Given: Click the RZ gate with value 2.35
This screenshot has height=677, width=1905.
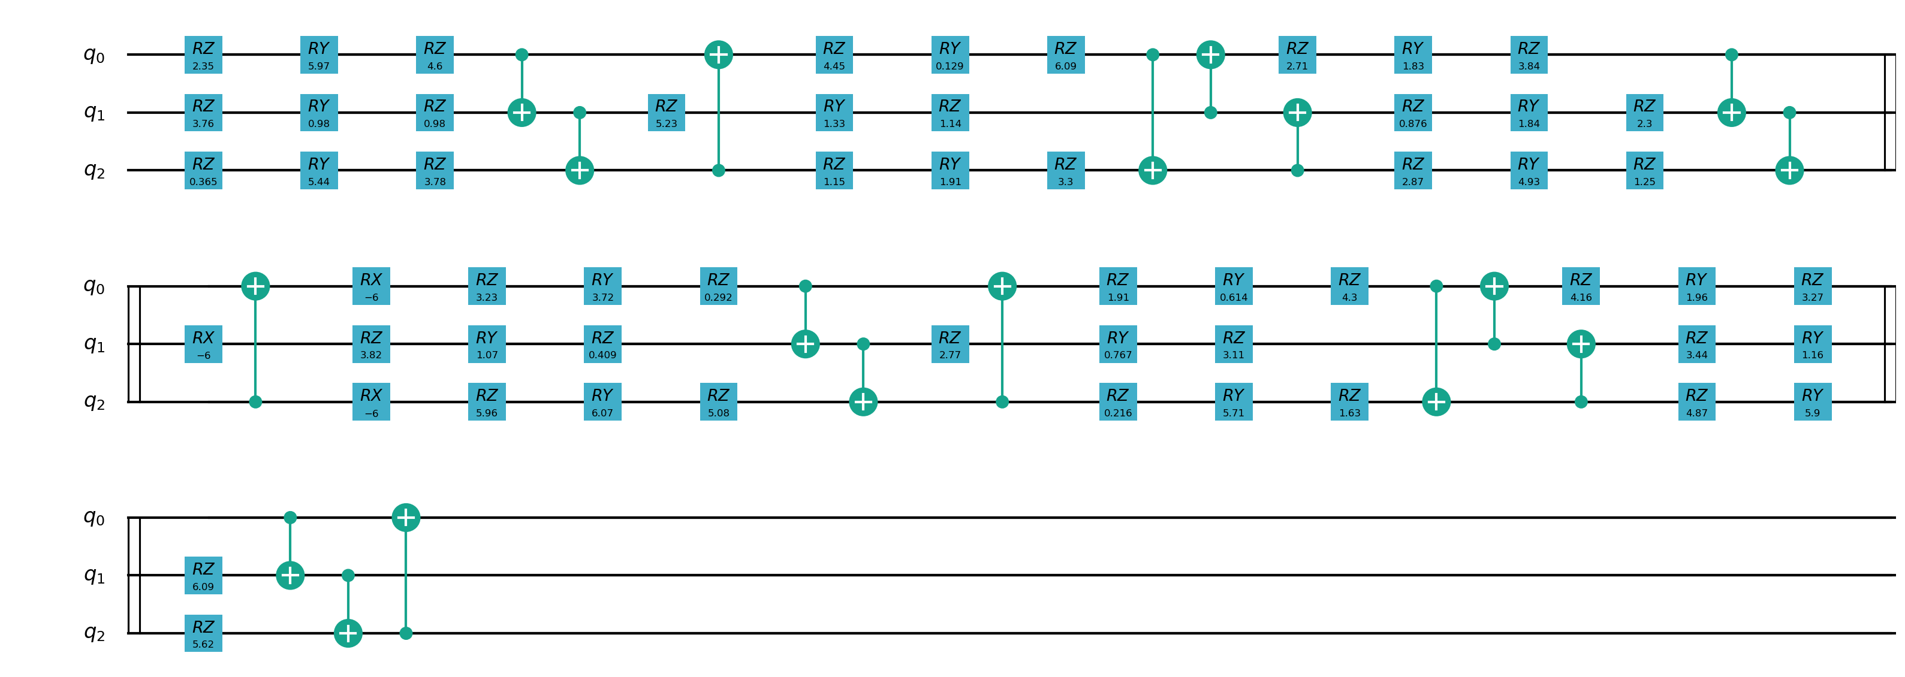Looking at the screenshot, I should point(203,55).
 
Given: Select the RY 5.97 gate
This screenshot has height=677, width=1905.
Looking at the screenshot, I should point(319,55).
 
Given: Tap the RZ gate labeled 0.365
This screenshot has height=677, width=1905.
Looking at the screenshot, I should point(203,170).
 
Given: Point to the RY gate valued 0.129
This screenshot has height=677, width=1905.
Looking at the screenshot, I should point(950,55).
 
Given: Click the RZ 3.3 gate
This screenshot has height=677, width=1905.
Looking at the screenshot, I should point(1065,170).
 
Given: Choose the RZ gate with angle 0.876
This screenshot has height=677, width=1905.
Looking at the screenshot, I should point(1412,113).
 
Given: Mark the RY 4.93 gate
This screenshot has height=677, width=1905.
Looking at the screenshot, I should point(1529,170).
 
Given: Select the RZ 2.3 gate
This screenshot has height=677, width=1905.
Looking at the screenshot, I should point(1644,113).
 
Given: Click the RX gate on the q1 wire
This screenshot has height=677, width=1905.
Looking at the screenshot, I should point(203,344).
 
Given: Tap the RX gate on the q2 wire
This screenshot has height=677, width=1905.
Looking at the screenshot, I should point(370,401).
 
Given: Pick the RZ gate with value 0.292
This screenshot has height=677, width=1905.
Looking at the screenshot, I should point(718,286).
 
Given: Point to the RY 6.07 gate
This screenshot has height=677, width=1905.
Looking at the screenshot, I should point(602,401).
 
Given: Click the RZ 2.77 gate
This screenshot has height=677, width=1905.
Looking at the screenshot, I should point(950,344).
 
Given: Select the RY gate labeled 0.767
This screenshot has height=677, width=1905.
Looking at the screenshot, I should point(1117,344).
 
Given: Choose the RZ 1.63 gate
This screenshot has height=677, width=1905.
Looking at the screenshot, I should point(1349,401).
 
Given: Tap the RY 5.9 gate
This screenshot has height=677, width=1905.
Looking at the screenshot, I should point(1812,401).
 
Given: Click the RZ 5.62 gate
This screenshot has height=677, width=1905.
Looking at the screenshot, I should point(203,633).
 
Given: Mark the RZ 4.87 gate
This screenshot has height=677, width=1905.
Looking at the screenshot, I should point(1696,401).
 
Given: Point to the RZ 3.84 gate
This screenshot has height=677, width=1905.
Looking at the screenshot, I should point(1529,55).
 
